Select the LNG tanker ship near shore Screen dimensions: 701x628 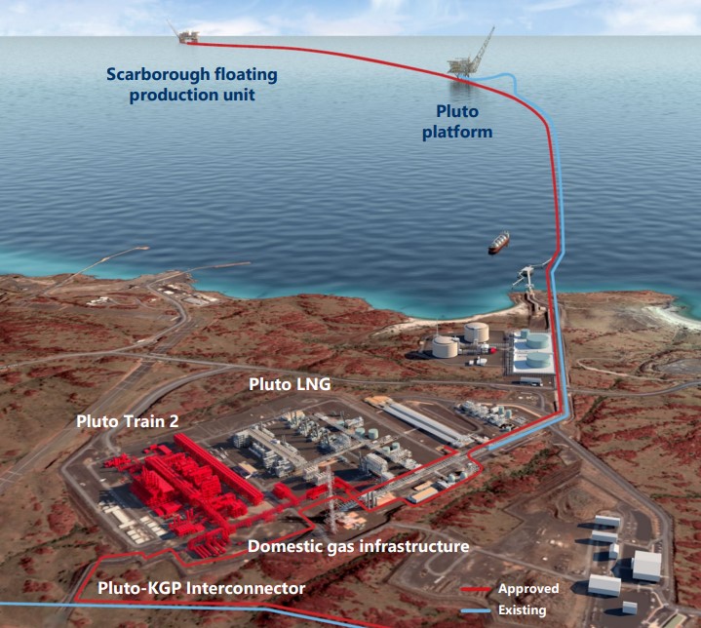pos(498,243)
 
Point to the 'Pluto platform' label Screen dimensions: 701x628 pos(457,122)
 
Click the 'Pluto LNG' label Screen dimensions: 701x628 pos(290,384)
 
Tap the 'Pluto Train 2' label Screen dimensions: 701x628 pos(128,421)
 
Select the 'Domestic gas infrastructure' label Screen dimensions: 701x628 pos(358,546)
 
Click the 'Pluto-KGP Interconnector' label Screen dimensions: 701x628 pos(201,588)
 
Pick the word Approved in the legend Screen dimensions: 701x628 pos(528,589)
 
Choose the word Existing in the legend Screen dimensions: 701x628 pos(523,610)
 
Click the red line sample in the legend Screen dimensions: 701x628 pos(476,590)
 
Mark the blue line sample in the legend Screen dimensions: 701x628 pos(476,610)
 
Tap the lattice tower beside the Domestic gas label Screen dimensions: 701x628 pos(331,498)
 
